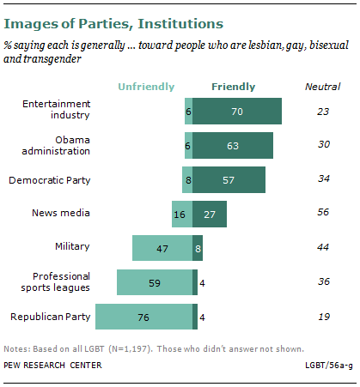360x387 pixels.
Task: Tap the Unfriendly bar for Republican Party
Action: tap(143, 317)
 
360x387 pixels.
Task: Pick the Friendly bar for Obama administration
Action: tap(233, 146)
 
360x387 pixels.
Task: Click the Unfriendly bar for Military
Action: tap(162, 248)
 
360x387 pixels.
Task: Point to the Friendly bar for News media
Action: tap(210, 214)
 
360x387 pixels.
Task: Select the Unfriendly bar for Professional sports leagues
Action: tap(155, 282)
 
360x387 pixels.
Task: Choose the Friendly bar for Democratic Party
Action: tap(229, 180)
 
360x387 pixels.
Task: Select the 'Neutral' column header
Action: tap(323, 87)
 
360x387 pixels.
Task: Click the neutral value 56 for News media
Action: tap(323, 214)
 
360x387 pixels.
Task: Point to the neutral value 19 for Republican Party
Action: tap(323, 317)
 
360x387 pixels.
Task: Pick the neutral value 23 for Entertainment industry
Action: tap(323, 112)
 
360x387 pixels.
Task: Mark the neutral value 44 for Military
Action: tap(323, 248)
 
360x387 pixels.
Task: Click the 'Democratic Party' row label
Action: tap(49, 180)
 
